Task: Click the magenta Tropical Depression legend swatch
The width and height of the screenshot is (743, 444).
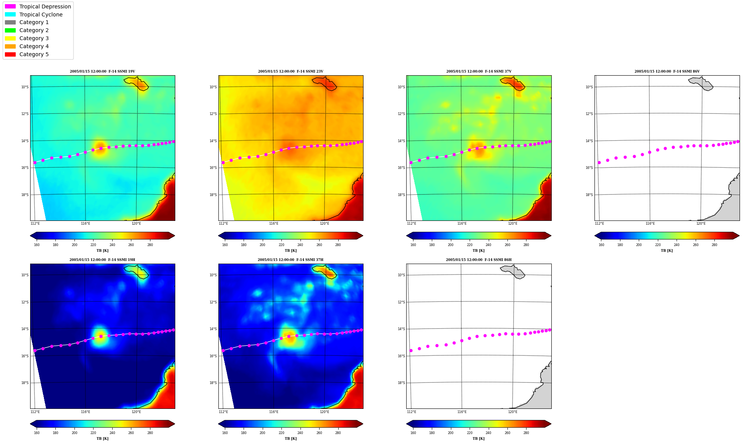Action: pyautogui.click(x=10, y=6)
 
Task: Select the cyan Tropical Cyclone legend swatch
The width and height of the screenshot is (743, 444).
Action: pyautogui.click(x=10, y=15)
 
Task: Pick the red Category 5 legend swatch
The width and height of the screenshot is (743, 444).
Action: pyautogui.click(x=10, y=54)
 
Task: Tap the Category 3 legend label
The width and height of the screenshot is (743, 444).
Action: pyautogui.click(x=34, y=38)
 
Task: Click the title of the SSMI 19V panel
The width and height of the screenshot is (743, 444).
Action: pyautogui.click(x=102, y=71)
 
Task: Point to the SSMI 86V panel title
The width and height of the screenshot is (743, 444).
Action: pyautogui.click(x=667, y=71)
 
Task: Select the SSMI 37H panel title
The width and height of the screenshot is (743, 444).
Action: pyautogui.click(x=291, y=260)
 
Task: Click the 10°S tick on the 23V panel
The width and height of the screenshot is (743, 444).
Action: pyautogui.click(x=213, y=87)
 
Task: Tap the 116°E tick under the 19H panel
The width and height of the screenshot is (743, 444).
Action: pyautogui.click(x=86, y=412)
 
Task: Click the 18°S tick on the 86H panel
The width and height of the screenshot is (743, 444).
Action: pyautogui.click(x=401, y=383)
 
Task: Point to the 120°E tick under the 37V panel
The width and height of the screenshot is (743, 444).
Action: pyautogui.click(x=513, y=224)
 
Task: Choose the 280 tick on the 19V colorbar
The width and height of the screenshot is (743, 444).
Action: pyautogui.click(x=150, y=245)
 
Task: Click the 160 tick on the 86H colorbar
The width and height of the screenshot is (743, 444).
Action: pyautogui.click(x=413, y=433)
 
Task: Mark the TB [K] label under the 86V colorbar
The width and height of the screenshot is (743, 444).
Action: pyautogui.click(x=667, y=251)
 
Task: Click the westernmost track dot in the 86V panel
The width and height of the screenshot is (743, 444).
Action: pyautogui.click(x=599, y=163)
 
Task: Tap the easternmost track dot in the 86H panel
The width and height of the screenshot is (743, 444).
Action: pyautogui.click(x=550, y=330)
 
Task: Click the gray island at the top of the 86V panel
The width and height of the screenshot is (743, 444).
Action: pyautogui.click(x=701, y=84)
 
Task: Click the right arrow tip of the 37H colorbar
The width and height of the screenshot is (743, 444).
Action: pyautogui.click(x=363, y=424)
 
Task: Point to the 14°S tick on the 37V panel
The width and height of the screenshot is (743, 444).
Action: pyautogui.click(x=401, y=141)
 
